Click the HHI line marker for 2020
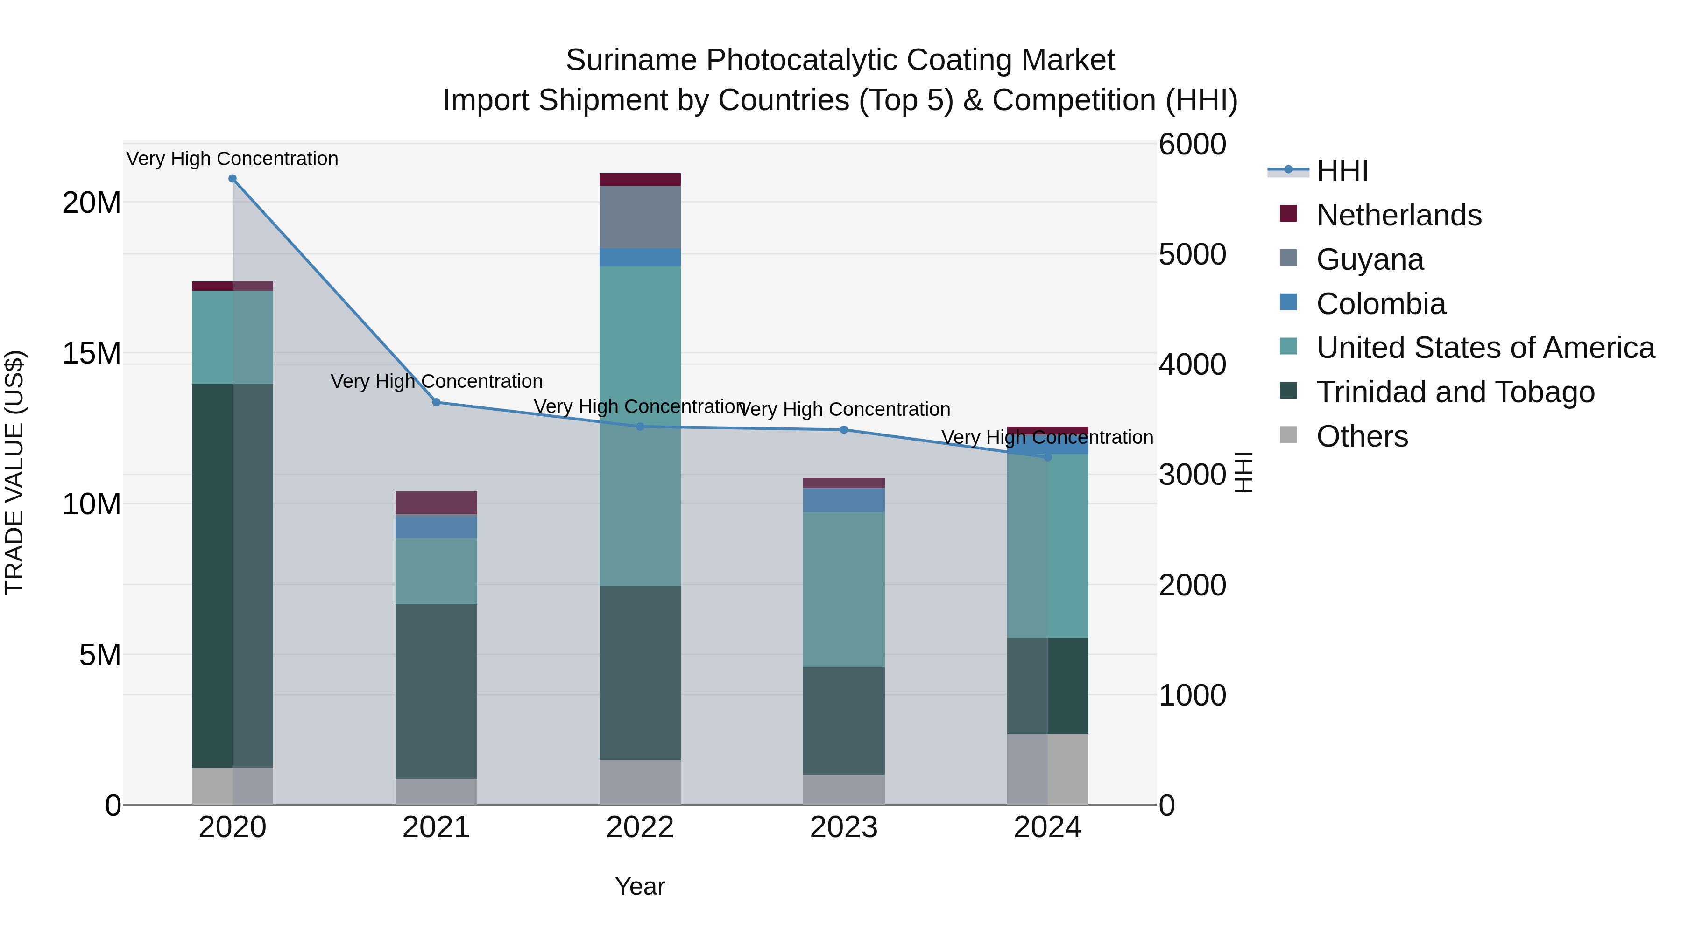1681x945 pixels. [x=233, y=179]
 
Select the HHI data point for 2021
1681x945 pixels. [x=437, y=402]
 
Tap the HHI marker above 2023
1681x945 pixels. [x=844, y=430]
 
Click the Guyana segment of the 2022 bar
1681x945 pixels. [x=640, y=217]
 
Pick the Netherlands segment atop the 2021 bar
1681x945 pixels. [x=436, y=503]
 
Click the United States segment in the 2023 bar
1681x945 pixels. [x=844, y=589]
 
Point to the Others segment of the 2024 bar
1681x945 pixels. [x=1047, y=769]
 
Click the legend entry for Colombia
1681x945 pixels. [x=1381, y=304]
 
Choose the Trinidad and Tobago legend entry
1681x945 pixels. [x=1455, y=392]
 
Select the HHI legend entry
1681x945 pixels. [x=1342, y=171]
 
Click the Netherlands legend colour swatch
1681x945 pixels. [x=1288, y=213]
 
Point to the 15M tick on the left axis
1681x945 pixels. [x=92, y=353]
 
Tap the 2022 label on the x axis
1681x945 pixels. [x=640, y=827]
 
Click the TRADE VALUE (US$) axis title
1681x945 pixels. [x=14, y=472]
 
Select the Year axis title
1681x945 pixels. [x=640, y=886]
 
